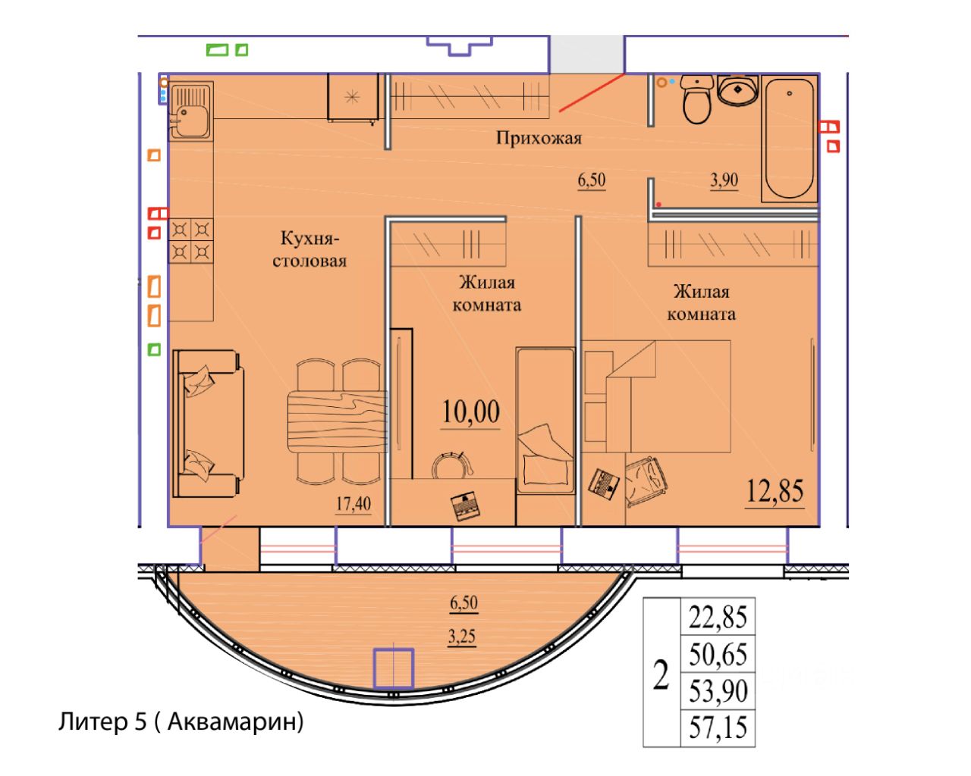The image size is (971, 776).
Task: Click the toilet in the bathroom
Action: coord(696,99)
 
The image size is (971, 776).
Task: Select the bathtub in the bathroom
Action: coord(789,140)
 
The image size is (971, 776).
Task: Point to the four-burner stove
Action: coord(190,239)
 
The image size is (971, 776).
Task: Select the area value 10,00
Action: coord(471,413)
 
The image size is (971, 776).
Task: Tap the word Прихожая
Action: coord(539,138)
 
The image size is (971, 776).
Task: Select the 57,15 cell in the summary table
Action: coord(718,728)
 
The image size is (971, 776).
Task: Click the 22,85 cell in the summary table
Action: coord(718,617)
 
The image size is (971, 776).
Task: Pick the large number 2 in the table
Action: coord(661,673)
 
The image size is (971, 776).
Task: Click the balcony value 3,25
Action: coord(461,637)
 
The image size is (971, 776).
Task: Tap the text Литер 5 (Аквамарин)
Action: coord(181,722)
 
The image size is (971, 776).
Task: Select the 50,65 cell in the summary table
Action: coord(718,653)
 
